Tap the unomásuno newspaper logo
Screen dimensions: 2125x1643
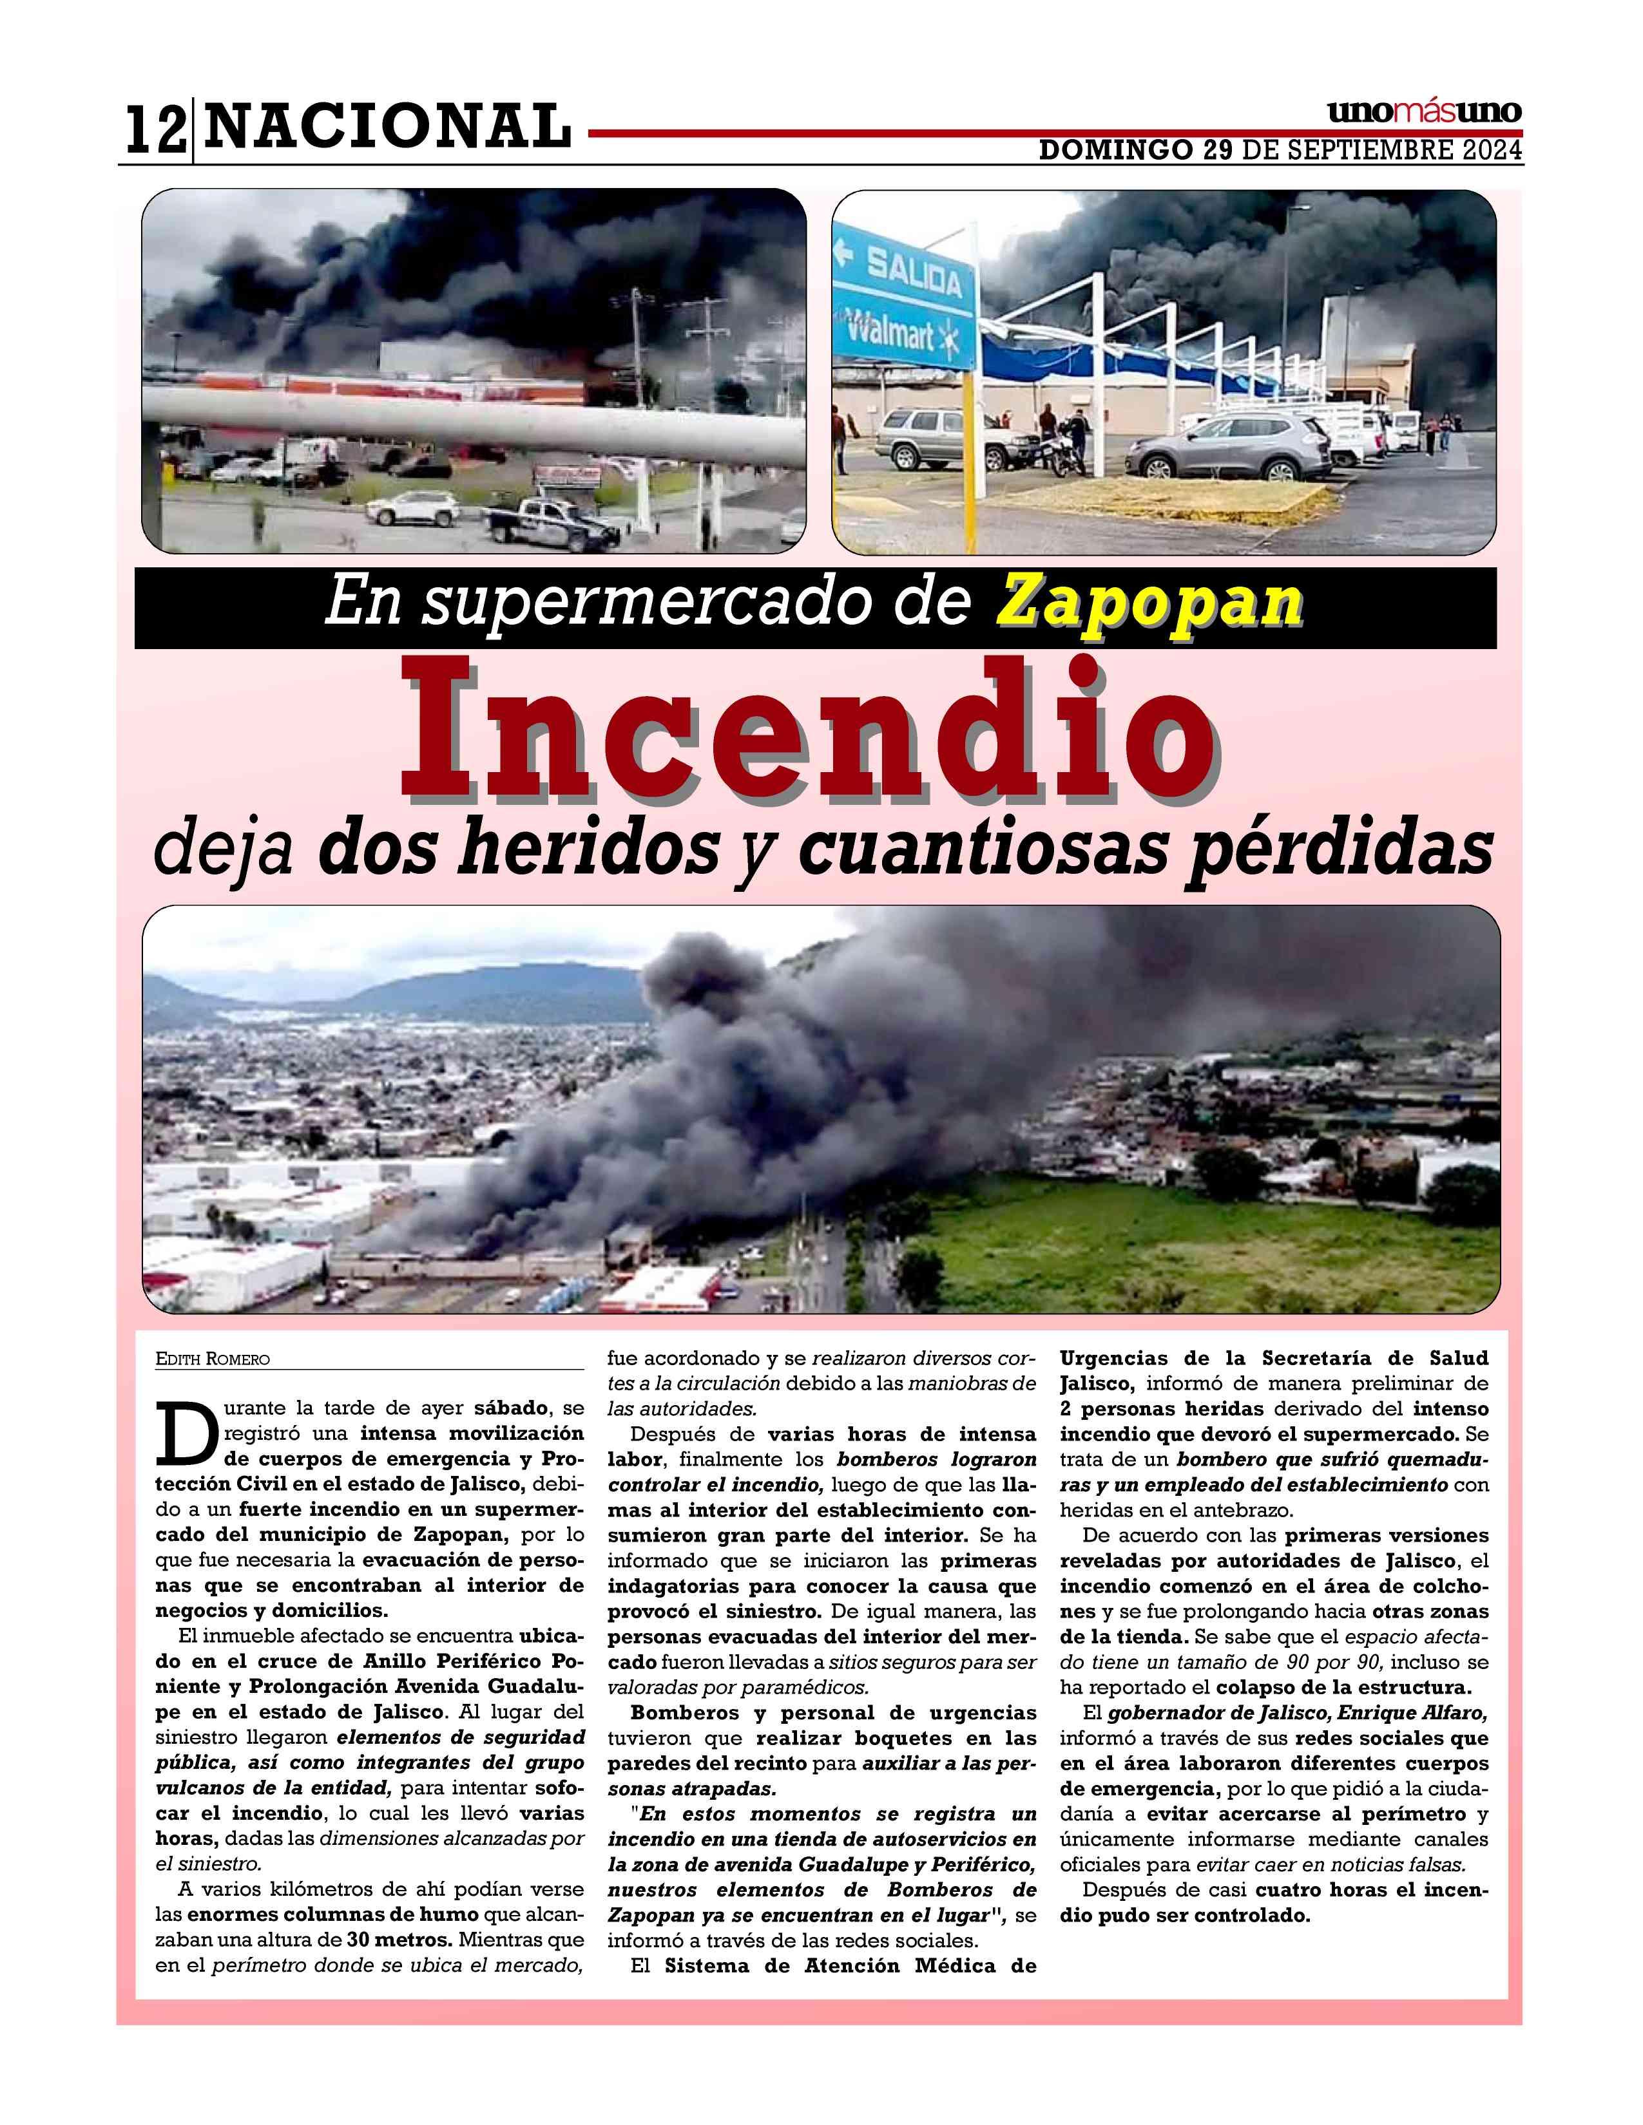pyautogui.click(x=1423, y=112)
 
